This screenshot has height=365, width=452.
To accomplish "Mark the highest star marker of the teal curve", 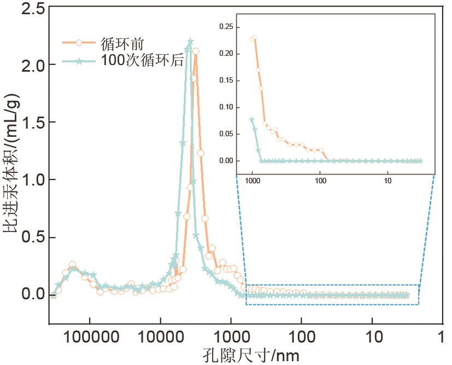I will (x=190, y=42).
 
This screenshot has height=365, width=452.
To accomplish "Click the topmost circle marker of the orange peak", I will (x=195, y=51).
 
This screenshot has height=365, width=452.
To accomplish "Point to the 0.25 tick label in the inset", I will (x=226, y=27).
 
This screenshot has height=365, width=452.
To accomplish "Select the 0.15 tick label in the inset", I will (x=226, y=80).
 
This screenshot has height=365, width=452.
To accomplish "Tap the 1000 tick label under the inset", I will (x=252, y=180).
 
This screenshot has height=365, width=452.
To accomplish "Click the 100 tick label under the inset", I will (x=321, y=180).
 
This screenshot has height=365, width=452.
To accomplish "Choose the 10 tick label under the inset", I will (x=386, y=180).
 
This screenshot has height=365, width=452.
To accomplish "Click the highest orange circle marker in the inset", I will (x=254, y=38).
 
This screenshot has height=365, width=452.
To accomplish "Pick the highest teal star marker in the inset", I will (x=252, y=119).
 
